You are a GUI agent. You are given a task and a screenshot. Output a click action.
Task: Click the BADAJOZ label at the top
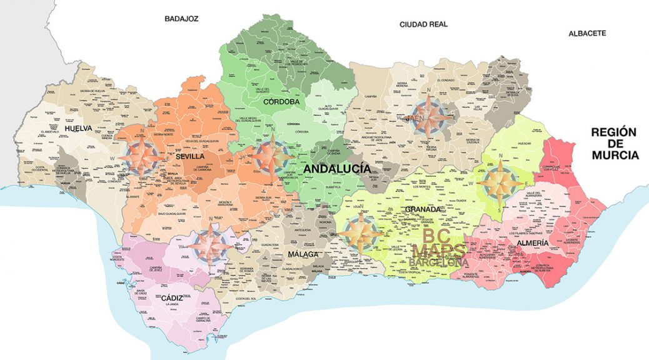[x=181, y=19]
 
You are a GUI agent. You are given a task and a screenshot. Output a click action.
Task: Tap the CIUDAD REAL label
[x=423, y=24]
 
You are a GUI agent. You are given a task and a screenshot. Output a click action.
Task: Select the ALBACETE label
[x=586, y=33]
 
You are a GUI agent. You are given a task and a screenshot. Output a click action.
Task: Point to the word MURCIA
[x=613, y=155]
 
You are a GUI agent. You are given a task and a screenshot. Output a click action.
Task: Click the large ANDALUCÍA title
[x=337, y=169]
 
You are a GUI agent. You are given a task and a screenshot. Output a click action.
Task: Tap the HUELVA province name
[x=78, y=129]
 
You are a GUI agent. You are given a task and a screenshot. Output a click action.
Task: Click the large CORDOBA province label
[x=281, y=101]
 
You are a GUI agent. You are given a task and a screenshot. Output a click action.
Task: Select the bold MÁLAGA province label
[x=303, y=254]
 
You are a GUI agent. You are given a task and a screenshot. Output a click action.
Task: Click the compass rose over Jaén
[x=428, y=116]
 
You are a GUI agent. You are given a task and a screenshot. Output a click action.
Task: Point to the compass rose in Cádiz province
[x=211, y=246]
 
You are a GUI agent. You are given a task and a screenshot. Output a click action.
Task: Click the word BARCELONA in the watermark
[x=440, y=263]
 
